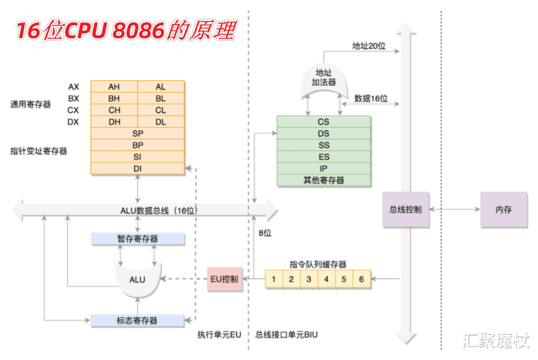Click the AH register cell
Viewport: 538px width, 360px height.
pyautogui.click(x=114, y=86)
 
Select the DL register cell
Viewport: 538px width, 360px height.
pyautogui.click(x=161, y=122)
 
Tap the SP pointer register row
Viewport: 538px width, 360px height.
pyautogui.click(x=138, y=133)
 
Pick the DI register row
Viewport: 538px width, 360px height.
pyautogui.click(x=138, y=168)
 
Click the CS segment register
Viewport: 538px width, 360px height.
pyautogui.click(x=324, y=122)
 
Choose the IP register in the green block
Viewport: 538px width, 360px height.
pyautogui.click(x=324, y=169)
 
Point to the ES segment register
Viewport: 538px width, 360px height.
pyautogui.click(x=324, y=157)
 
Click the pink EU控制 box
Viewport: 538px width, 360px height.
pyautogui.click(x=224, y=279)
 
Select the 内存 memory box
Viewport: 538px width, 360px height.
pyautogui.click(x=503, y=210)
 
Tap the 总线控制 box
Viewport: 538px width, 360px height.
pyautogui.click(x=405, y=210)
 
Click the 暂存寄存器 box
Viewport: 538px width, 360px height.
pyautogui.click(x=138, y=239)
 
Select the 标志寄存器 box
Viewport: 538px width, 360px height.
pyautogui.click(x=138, y=320)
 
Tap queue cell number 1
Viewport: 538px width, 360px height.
pyautogui.click(x=273, y=279)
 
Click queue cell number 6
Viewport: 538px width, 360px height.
pyautogui.click(x=362, y=279)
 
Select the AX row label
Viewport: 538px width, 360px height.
pyautogui.click(x=73, y=86)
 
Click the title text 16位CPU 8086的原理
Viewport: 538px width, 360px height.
pyautogui.click(x=125, y=30)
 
